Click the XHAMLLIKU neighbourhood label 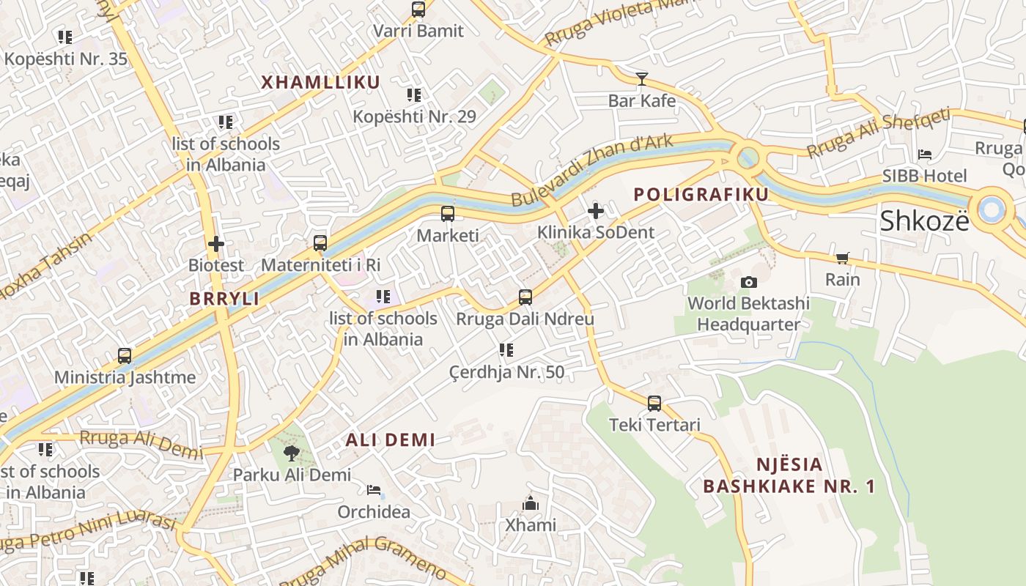(x=321, y=82)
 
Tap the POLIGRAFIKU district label (x=701, y=194)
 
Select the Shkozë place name (x=924, y=220)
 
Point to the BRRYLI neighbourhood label (x=224, y=299)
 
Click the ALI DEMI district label (x=390, y=440)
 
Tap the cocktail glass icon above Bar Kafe (x=642, y=78)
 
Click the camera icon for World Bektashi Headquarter (x=748, y=282)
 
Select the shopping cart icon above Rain (x=842, y=258)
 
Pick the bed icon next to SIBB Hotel (x=925, y=155)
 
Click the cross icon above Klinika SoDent (x=596, y=212)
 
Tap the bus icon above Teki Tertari (x=654, y=403)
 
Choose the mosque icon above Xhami (x=530, y=503)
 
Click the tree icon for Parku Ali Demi (x=292, y=453)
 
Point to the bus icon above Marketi (x=447, y=214)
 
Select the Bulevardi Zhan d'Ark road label (x=591, y=171)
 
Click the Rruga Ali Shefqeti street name (x=879, y=133)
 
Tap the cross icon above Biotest (x=216, y=243)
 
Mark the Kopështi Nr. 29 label (x=414, y=116)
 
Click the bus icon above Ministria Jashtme (x=125, y=356)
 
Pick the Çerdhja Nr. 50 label (x=506, y=372)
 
